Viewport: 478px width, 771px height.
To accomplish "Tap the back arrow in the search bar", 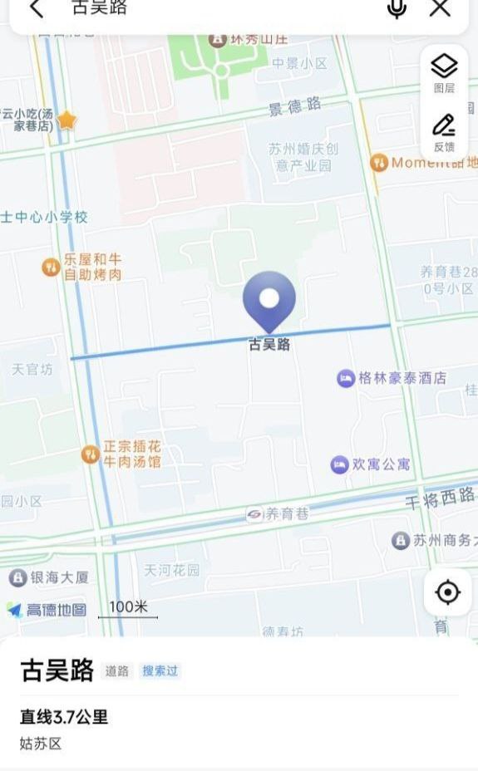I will pyautogui.click(x=36, y=8).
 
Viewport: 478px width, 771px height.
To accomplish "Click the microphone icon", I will pyautogui.click(x=397, y=8).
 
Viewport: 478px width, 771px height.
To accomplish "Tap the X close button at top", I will pyautogui.click(x=440, y=8).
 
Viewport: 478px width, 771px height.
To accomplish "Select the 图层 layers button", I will pyautogui.click(x=444, y=72).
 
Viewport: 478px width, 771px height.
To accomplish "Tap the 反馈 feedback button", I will pyautogui.click(x=444, y=132).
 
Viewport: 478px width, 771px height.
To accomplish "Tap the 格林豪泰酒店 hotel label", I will pyautogui.click(x=402, y=378).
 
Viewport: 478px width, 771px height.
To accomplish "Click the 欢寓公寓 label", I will pyautogui.click(x=381, y=464).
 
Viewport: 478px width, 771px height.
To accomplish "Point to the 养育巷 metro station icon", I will pyautogui.click(x=254, y=515).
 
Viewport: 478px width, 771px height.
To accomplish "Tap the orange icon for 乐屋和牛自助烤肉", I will pyautogui.click(x=51, y=267).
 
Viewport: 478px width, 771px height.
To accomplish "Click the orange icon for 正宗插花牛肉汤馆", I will pyautogui.click(x=91, y=454).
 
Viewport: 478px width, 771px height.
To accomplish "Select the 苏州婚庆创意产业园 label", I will pyautogui.click(x=303, y=157).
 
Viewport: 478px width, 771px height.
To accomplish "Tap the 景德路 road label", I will pyautogui.click(x=294, y=106).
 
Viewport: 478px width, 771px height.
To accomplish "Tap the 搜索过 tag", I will pyautogui.click(x=160, y=670).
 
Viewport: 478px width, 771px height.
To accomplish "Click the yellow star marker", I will pyautogui.click(x=67, y=120).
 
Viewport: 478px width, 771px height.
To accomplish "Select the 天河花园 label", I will pyautogui.click(x=172, y=570).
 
